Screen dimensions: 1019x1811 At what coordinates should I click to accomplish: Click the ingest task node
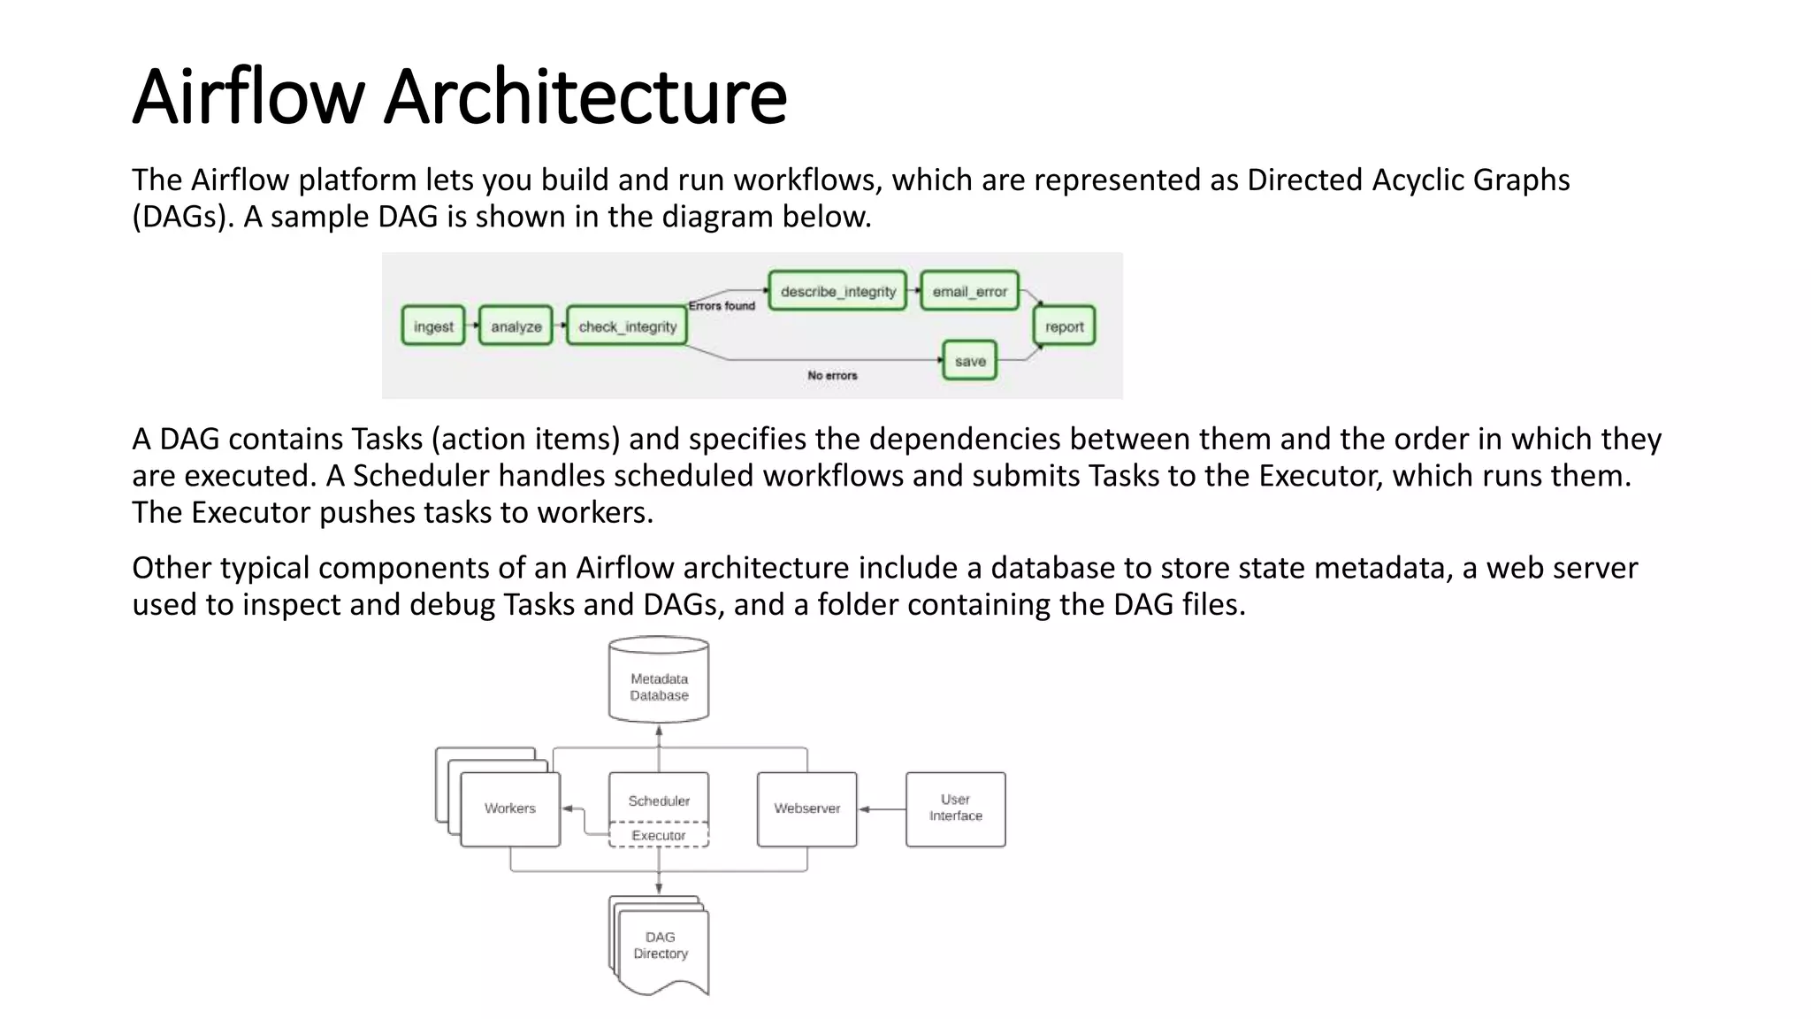433,326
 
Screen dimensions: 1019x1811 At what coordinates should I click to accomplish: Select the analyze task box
516,326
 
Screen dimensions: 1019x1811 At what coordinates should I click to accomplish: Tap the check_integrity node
627,326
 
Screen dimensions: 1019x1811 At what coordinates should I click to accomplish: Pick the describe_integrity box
837,291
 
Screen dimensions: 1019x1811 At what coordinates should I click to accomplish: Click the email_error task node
969,291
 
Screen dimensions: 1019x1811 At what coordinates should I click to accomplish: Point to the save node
970,361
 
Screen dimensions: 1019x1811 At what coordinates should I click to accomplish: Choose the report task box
1064,326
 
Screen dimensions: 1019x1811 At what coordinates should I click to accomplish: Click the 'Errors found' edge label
722,306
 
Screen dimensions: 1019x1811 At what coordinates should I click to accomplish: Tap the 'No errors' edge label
832,375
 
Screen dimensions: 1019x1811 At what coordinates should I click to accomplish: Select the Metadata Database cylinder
659,681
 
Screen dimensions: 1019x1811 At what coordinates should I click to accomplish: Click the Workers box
510,808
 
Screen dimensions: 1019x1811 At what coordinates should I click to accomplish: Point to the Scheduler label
659,801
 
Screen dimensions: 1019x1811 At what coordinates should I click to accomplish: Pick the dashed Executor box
659,835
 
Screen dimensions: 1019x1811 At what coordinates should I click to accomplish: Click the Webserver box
806,808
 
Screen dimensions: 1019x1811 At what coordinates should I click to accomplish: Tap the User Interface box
955,808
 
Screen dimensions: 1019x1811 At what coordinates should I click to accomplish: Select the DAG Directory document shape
661,946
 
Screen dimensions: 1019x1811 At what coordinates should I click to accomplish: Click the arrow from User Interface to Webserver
882,808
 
